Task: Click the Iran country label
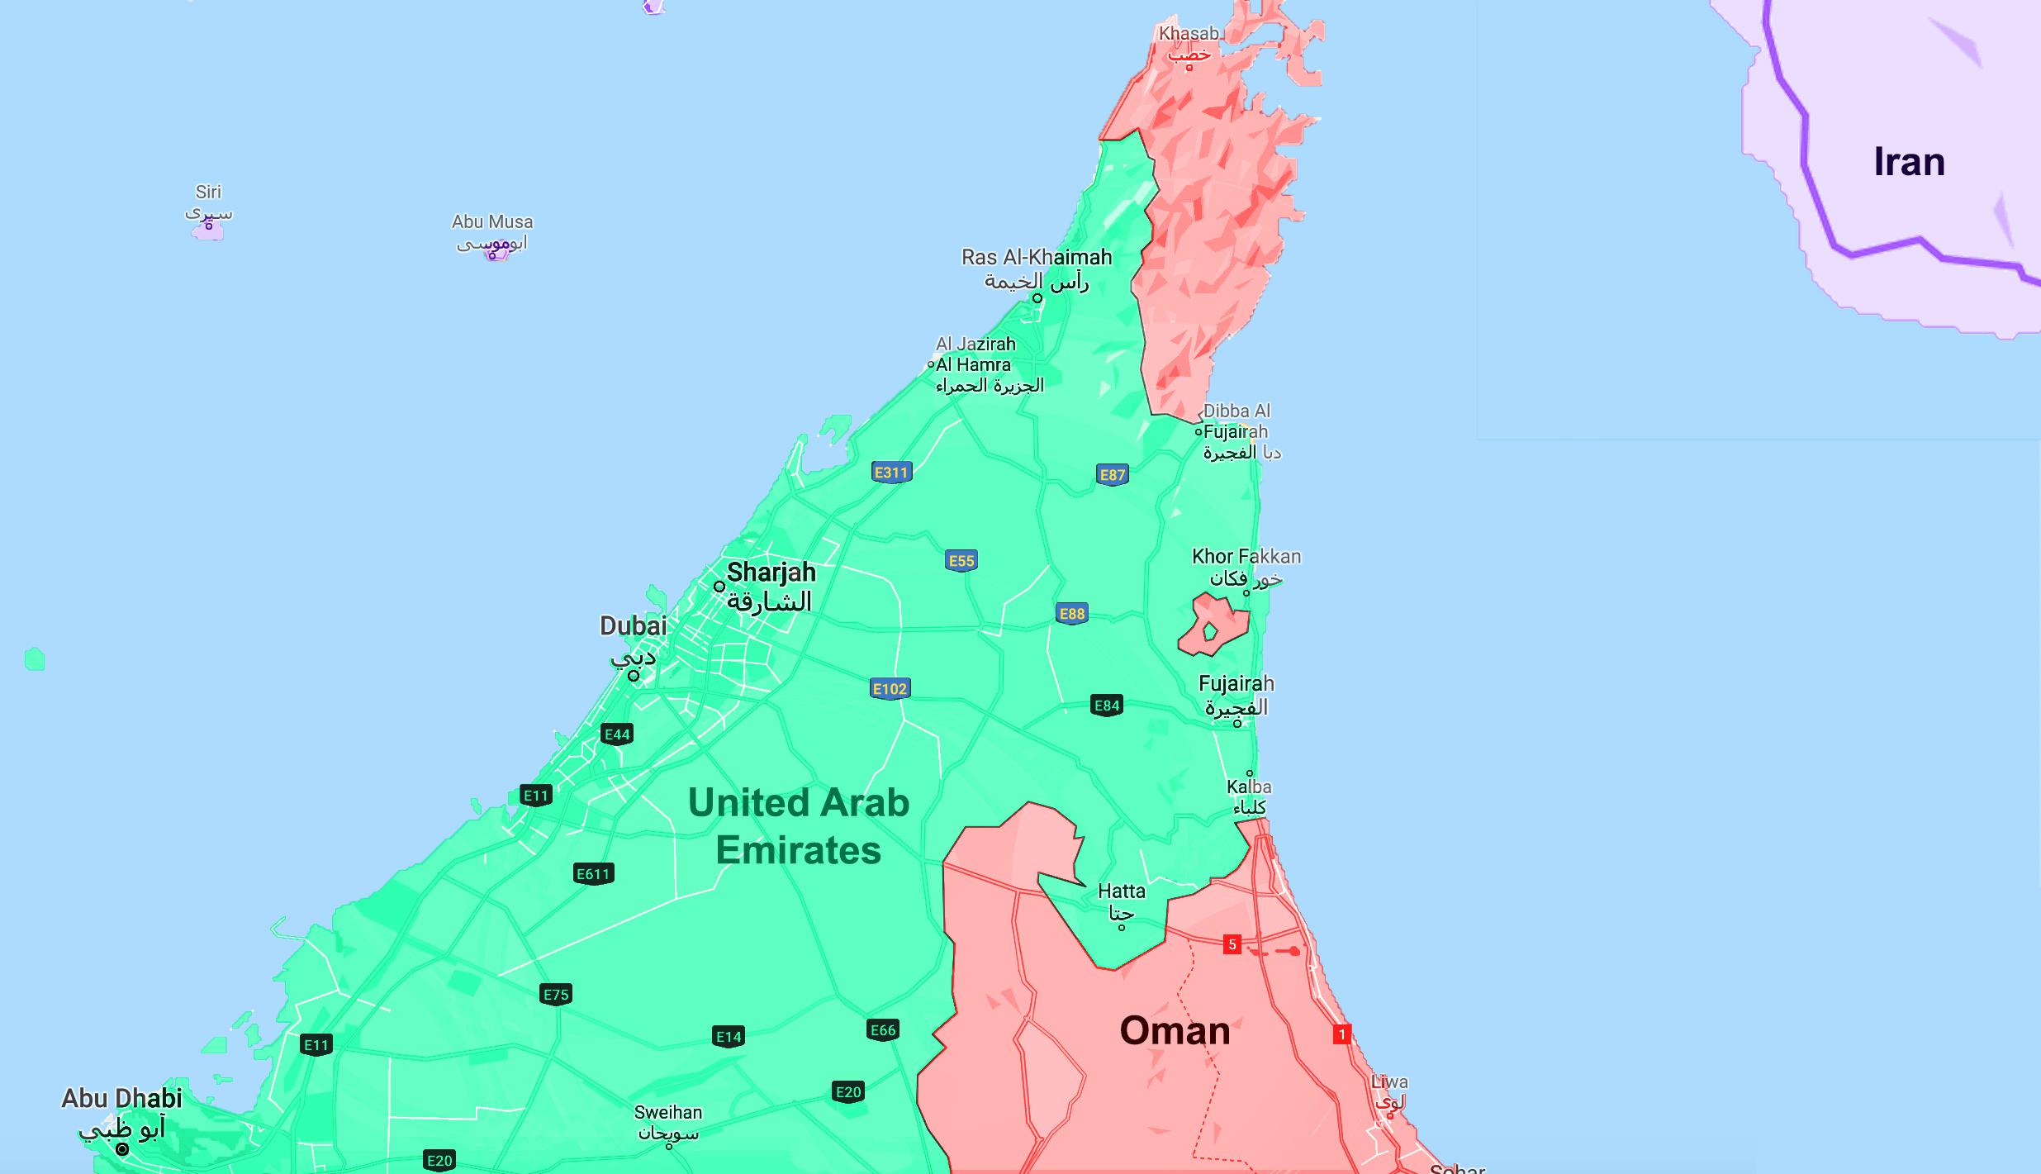coord(1909,162)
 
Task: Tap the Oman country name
coord(1175,1031)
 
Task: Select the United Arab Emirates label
coord(798,826)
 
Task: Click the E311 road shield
coord(891,473)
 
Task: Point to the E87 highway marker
coord(1113,475)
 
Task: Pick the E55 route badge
coord(961,561)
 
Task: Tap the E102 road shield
coord(890,689)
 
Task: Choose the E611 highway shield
coord(593,874)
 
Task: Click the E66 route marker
coord(883,1030)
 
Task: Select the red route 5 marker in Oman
coord(1232,944)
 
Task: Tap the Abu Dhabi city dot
coord(122,1149)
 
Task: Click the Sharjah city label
coord(771,573)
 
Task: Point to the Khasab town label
coord(1189,34)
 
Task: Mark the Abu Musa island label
coord(492,222)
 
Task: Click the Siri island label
coord(208,192)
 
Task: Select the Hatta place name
coord(1122,891)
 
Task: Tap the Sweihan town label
coord(668,1113)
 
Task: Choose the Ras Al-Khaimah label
coord(1037,258)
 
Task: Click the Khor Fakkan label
coord(1246,557)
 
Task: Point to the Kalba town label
coord(1249,787)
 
